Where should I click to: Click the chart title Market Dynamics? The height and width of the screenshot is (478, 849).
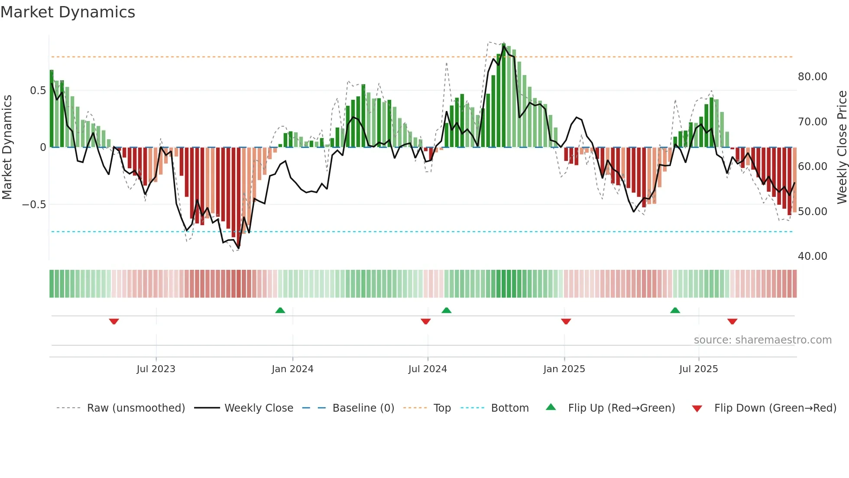click(x=68, y=12)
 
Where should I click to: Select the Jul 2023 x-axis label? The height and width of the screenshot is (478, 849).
click(x=156, y=369)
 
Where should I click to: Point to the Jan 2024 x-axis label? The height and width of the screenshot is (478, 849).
click(x=292, y=369)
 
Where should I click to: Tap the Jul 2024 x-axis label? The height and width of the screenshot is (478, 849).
click(x=428, y=369)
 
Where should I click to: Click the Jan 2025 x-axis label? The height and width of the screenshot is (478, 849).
click(x=564, y=369)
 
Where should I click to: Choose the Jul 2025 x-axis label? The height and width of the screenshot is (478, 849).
click(x=698, y=369)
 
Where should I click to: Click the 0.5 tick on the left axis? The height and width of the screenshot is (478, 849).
click(x=38, y=91)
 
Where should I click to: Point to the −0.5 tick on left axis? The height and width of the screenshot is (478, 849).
click(x=34, y=205)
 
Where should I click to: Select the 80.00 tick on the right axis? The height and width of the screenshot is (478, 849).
click(x=812, y=77)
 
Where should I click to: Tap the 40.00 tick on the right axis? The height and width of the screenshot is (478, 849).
click(x=812, y=256)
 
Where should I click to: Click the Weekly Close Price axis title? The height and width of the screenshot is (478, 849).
click(x=842, y=147)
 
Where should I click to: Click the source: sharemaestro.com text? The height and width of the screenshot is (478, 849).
click(x=762, y=340)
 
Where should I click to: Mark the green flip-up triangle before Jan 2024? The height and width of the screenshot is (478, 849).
click(x=280, y=310)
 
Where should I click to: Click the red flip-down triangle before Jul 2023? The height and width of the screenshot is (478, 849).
click(x=114, y=321)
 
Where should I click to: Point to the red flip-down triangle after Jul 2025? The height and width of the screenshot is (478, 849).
click(x=732, y=321)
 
